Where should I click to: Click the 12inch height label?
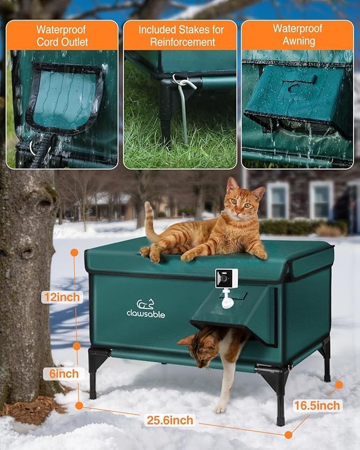tap(62, 297)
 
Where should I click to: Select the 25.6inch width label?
tap(169, 421)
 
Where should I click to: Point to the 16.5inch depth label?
tap(317, 405)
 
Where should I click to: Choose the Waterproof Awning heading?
tap(297, 35)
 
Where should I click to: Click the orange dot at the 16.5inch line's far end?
tap(339, 385)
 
